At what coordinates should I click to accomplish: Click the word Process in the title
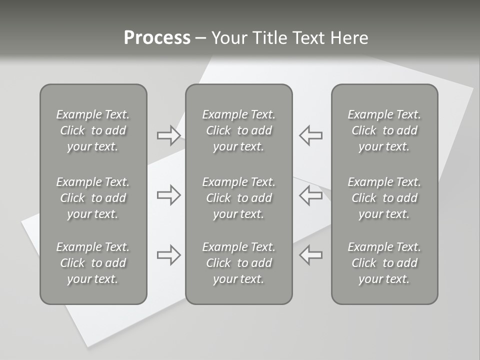(x=157, y=38)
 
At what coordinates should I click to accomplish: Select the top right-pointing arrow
(x=169, y=135)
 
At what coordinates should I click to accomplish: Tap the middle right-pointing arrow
(x=169, y=195)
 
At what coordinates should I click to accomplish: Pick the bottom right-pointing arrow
(x=169, y=254)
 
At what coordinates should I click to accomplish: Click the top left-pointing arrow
(x=310, y=135)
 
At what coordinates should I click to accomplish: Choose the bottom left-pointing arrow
(x=310, y=254)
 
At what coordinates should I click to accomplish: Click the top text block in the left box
(x=93, y=130)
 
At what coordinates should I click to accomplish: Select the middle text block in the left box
(x=93, y=198)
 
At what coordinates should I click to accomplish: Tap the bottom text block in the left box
(x=93, y=263)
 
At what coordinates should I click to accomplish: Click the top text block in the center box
(x=238, y=130)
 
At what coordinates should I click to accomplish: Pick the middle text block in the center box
(x=238, y=198)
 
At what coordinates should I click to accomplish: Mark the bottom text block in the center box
(x=238, y=263)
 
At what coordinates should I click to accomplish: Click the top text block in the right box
(x=384, y=130)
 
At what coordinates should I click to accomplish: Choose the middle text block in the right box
(x=384, y=198)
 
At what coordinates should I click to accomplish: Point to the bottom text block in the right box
(x=384, y=263)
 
